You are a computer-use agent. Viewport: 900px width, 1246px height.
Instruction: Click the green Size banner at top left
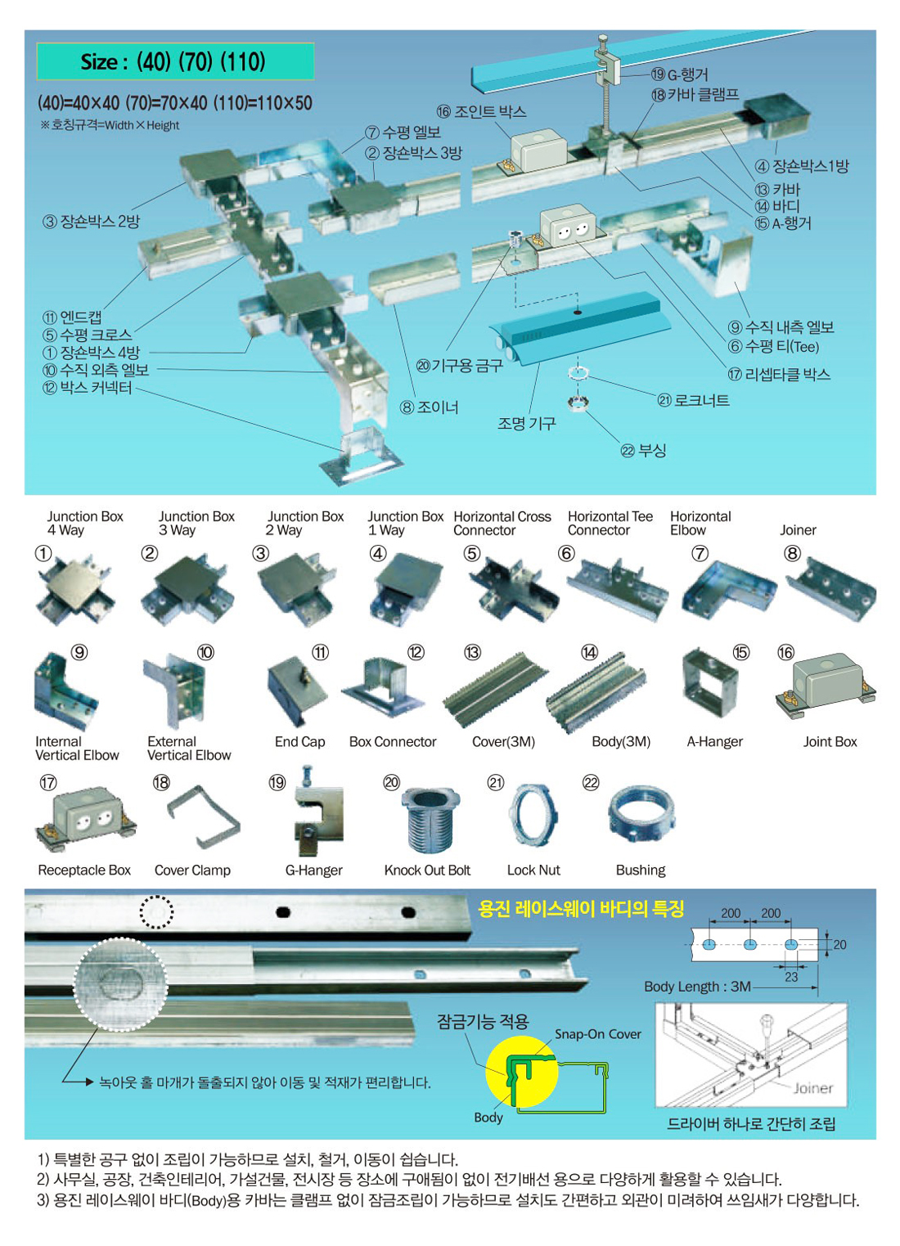coord(175,61)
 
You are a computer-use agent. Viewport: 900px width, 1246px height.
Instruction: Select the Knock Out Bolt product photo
coord(430,819)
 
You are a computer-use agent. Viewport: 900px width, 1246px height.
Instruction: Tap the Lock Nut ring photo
coord(533,816)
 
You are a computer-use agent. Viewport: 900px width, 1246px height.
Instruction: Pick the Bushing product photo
coord(641,814)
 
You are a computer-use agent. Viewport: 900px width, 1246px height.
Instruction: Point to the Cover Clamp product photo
coord(204,816)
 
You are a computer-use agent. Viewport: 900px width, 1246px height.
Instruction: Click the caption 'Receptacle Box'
coord(84,870)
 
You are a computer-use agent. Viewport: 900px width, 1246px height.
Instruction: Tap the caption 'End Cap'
coord(299,741)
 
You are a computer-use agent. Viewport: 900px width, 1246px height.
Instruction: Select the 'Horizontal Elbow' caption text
coord(700,524)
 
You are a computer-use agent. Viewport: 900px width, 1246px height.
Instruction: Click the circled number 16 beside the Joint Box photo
coord(785,652)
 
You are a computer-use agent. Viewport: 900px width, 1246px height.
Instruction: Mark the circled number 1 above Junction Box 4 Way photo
coord(43,553)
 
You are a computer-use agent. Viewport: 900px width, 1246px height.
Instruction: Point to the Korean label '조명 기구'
coord(526,424)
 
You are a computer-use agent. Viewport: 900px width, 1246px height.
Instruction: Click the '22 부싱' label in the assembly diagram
coord(643,450)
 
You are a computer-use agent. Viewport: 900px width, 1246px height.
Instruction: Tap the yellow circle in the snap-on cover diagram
coord(521,1071)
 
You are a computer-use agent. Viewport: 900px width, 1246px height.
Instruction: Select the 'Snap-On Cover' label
coord(597,1034)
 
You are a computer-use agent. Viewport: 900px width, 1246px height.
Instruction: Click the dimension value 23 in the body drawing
coord(791,977)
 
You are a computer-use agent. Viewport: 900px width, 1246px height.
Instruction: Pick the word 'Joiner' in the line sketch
coord(812,1089)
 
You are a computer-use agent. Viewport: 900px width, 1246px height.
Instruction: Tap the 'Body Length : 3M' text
coord(697,987)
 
